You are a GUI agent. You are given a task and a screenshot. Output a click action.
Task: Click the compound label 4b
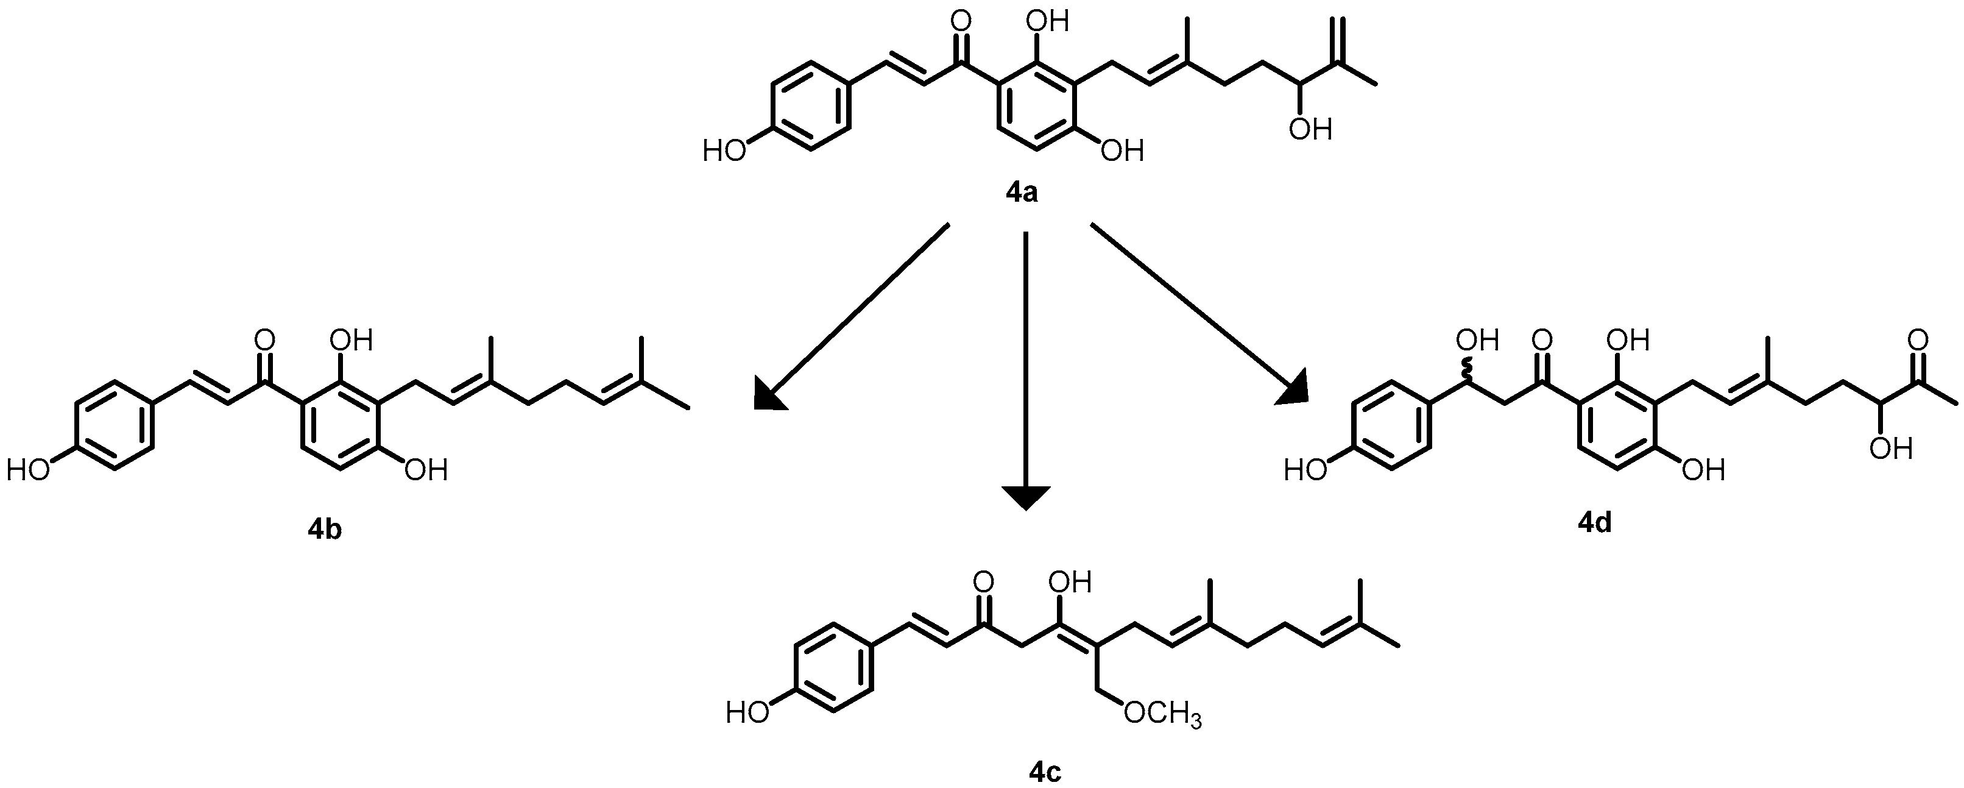pyautogui.click(x=324, y=528)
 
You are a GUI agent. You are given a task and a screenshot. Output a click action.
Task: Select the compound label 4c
pyautogui.click(x=1045, y=772)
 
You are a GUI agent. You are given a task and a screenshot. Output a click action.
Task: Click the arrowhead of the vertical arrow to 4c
pyautogui.click(x=1025, y=497)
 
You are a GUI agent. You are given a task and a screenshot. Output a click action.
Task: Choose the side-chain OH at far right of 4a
pyautogui.click(x=1310, y=130)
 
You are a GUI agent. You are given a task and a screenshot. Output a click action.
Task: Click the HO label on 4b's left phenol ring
pyautogui.click(x=28, y=470)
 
